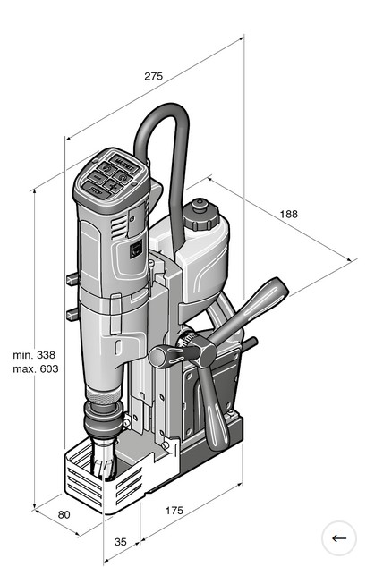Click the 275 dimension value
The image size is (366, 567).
tap(153, 76)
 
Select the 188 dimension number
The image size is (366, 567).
tap(289, 214)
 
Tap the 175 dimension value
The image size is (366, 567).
tap(174, 511)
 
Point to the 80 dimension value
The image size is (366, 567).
tap(64, 514)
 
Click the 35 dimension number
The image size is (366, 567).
tap(121, 542)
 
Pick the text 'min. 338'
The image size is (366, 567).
tap(34, 355)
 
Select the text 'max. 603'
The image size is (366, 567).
tap(36, 368)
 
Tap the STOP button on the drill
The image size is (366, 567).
tap(97, 190)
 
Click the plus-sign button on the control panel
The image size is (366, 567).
tap(113, 186)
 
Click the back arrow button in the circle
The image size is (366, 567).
tap(339, 538)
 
